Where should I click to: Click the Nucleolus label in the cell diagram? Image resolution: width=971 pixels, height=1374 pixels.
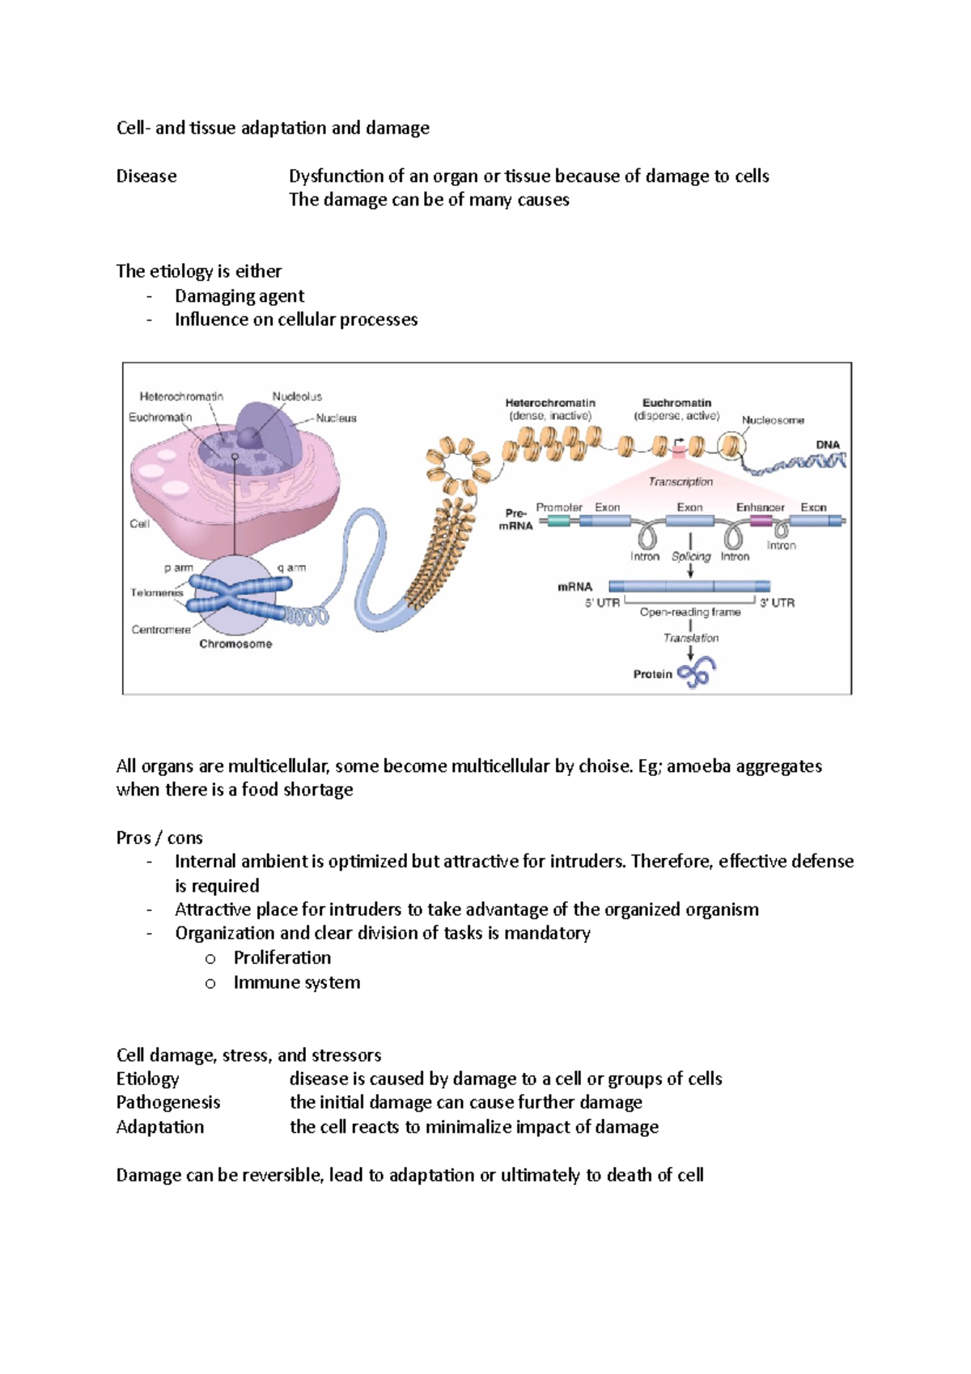coord(297,397)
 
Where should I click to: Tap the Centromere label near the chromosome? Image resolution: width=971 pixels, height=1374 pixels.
coord(161,630)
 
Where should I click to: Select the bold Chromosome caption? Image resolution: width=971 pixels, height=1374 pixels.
coord(235,644)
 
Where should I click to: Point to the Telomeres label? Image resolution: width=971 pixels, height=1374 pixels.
coord(157,592)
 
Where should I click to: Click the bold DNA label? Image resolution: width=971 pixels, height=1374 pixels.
coord(828,444)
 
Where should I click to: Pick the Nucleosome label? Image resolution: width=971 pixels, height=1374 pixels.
coord(773,420)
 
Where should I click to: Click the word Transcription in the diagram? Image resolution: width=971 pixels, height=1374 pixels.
coord(681,481)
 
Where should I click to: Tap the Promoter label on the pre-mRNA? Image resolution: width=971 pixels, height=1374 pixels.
coord(559,507)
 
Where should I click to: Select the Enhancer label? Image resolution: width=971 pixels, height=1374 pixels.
coord(760,507)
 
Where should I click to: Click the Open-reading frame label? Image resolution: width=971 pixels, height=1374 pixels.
coord(690,613)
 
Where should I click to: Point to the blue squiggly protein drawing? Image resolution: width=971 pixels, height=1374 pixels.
coord(697,672)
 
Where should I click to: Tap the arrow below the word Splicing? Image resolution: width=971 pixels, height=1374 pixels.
coord(690,570)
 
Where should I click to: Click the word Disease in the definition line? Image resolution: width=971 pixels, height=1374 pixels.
coord(146,176)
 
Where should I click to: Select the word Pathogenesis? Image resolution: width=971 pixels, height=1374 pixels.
coord(168,1102)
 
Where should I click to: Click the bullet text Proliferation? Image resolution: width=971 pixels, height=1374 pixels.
coord(282,958)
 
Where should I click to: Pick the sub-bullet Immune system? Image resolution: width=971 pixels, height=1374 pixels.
coord(297,982)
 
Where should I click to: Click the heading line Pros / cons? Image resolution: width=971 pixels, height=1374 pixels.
coord(159,838)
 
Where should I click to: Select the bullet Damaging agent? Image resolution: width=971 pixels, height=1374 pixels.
coord(240,296)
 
